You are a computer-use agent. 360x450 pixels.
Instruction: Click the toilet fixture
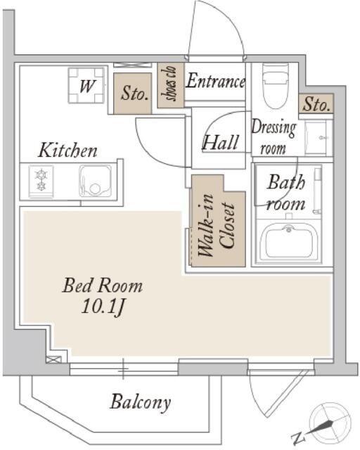[276, 86]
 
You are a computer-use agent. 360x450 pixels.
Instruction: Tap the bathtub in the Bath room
[289, 240]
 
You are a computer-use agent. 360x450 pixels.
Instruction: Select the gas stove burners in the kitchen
[41, 181]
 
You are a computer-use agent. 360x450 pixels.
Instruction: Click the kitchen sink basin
[95, 181]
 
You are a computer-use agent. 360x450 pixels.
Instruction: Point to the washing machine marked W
[86, 86]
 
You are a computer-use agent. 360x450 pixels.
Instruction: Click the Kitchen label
[67, 150]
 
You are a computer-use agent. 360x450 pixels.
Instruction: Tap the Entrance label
[216, 82]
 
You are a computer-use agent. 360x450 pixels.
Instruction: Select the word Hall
[221, 142]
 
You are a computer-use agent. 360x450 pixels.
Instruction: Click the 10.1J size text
[103, 307]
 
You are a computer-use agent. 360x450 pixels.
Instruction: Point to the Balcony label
[141, 403]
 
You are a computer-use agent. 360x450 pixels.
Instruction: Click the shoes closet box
[171, 85]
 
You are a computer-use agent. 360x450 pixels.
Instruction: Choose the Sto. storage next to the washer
[132, 94]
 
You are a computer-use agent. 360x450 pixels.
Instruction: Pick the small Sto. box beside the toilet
[316, 103]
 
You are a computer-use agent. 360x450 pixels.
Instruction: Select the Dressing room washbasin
[319, 138]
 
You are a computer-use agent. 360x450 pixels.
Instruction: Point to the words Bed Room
[102, 285]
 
